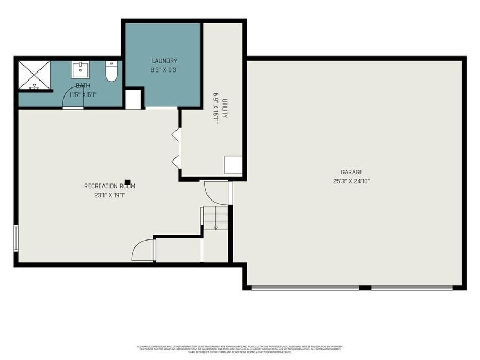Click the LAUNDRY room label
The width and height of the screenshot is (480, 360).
pyautogui.click(x=164, y=61)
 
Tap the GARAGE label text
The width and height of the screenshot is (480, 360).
pyautogui.click(x=351, y=172)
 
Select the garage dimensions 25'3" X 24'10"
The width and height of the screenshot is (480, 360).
pyautogui.click(x=351, y=181)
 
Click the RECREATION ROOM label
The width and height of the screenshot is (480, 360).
pyautogui.click(x=109, y=186)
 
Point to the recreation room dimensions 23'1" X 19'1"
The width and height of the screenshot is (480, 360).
pyautogui.click(x=109, y=195)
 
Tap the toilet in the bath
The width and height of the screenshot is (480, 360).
pyautogui.click(x=111, y=72)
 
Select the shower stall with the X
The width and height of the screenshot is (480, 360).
pyautogui.click(x=34, y=75)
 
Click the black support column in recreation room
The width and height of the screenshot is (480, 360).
pyautogui.click(x=127, y=182)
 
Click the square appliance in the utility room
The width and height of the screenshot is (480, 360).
pyautogui.click(x=233, y=165)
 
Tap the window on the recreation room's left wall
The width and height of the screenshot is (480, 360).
pyautogui.click(x=17, y=237)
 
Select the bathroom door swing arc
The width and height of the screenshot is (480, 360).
pyautogui.click(x=73, y=99)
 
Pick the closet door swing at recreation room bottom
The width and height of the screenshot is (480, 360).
pyautogui.click(x=143, y=251)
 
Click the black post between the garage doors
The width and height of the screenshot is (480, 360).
pyautogui.click(x=365, y=288)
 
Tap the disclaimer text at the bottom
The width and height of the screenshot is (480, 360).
pyautogui.click(x=239, y=349)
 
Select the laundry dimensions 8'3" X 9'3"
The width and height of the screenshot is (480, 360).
pyautogui.click(x=164, y=69)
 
